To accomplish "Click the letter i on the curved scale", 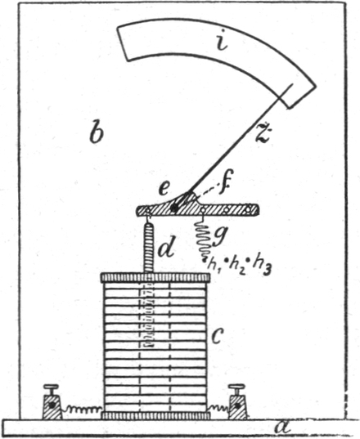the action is pyautogui.click(x=222, y=40).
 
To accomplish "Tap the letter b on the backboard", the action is pyautogui.click(x=97, y=132).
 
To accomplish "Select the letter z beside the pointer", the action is pyautogui.click(x=263, y=132).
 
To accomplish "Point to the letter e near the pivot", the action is pyautogui.click(x=164, y=189).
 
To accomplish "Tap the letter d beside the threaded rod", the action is pyautogui.click(x=167, y=246).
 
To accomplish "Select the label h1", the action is pyautogui.click(x=213, y=263).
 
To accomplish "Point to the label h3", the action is pyautogui.click(x=261, y=266).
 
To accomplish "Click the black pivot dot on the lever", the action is pyautogui.click(x=174, y=208).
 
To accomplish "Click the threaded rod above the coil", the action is pyautogui.click(x=149, y=248).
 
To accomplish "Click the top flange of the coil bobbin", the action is pyautogui.click(x=155, y=277).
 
